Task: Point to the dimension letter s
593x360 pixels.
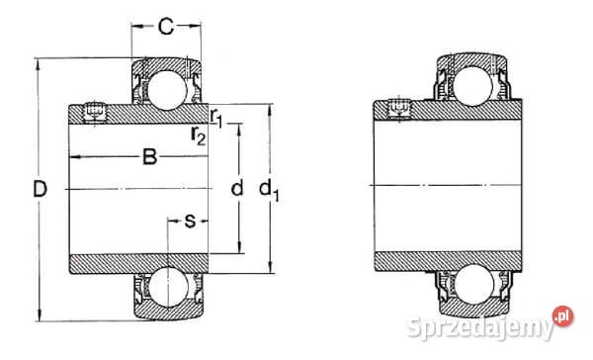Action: [190, 219]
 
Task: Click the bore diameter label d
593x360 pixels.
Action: [235, 188]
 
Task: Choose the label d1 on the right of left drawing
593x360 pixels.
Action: [271, 190]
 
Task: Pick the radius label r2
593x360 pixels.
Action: [199, 136]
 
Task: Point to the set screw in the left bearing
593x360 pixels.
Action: [96, 112]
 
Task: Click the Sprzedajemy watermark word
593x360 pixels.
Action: [494, 321]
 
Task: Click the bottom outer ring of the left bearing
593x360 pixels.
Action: [165, 309]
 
